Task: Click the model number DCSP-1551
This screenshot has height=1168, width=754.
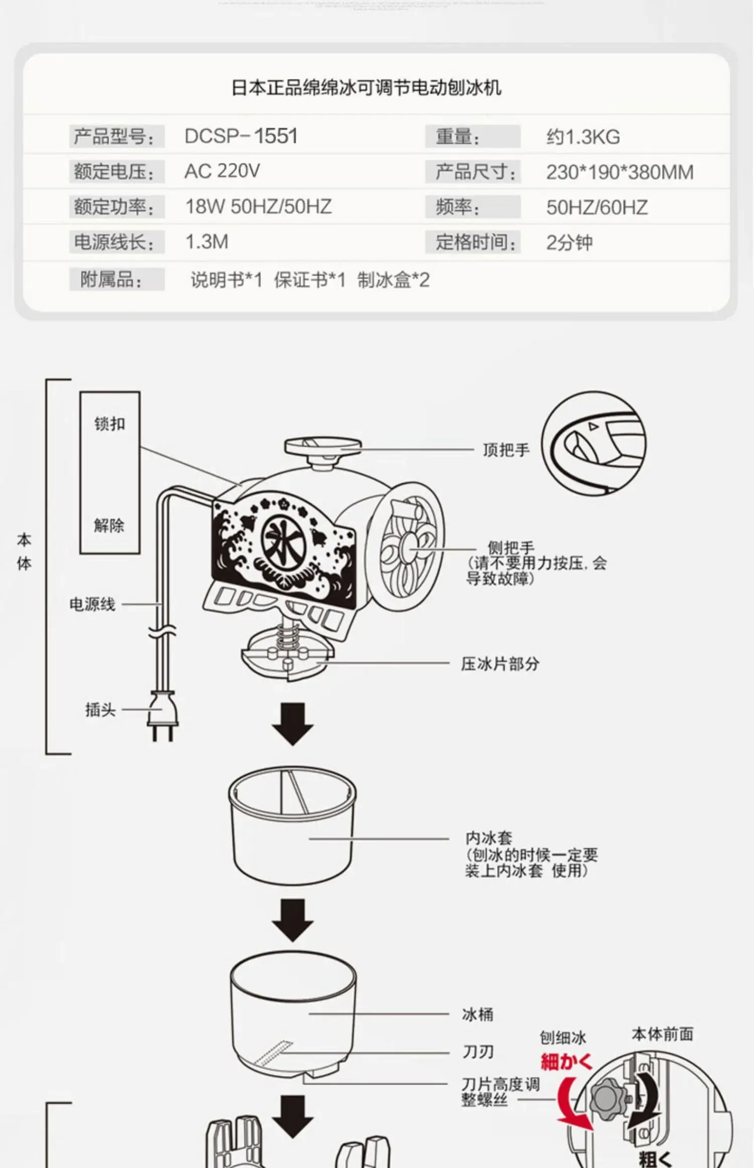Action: (241, 136)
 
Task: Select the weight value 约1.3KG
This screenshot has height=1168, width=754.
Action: (583, 137)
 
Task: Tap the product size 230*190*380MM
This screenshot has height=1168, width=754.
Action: (619, 173)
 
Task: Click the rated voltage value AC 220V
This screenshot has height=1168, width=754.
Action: (222, 172)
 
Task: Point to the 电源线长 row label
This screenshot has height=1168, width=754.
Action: (114, 242)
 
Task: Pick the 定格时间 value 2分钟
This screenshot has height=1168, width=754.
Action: (569, 243)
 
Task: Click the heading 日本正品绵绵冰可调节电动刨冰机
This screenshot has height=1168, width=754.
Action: (366, 88)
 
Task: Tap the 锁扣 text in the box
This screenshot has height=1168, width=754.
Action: (110, 424)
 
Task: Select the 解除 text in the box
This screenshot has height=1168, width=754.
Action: (109, 526)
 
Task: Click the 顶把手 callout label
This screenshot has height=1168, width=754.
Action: (506, 450)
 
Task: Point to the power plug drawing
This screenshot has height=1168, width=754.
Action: (162, 715)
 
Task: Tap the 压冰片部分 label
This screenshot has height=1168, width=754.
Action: (500, 664)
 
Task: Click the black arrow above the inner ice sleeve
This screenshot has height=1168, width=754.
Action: (293, 724)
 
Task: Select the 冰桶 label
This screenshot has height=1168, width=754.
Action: (478, 1015)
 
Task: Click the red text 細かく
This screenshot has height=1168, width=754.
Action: (567, 1062)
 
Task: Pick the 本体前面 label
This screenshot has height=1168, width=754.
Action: (662, 1034)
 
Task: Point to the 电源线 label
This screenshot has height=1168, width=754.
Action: (92, 604)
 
